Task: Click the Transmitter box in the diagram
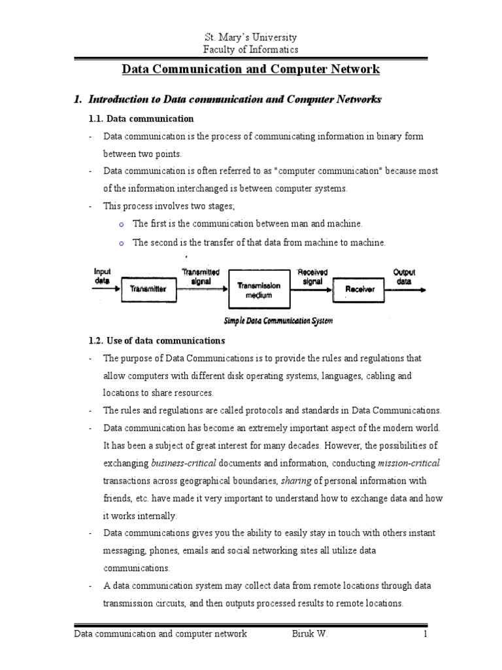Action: pos(148,289)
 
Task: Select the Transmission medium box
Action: pos(258,290)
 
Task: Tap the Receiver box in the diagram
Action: pos(360,289)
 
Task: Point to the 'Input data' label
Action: pos(103,275)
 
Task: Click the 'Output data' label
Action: pos(403,275)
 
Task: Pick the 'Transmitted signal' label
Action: pos(201,275)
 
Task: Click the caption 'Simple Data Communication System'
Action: pos(278,321)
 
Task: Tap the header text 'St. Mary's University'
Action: pos(252,37)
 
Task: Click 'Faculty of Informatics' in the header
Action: pos(252,50)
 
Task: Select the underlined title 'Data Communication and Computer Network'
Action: pos(252,69)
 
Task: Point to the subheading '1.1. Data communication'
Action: pos(141,118)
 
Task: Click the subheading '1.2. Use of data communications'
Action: pos(156,341)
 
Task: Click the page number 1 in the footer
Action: pos(425,633)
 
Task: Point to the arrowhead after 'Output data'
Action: pos(426,289)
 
